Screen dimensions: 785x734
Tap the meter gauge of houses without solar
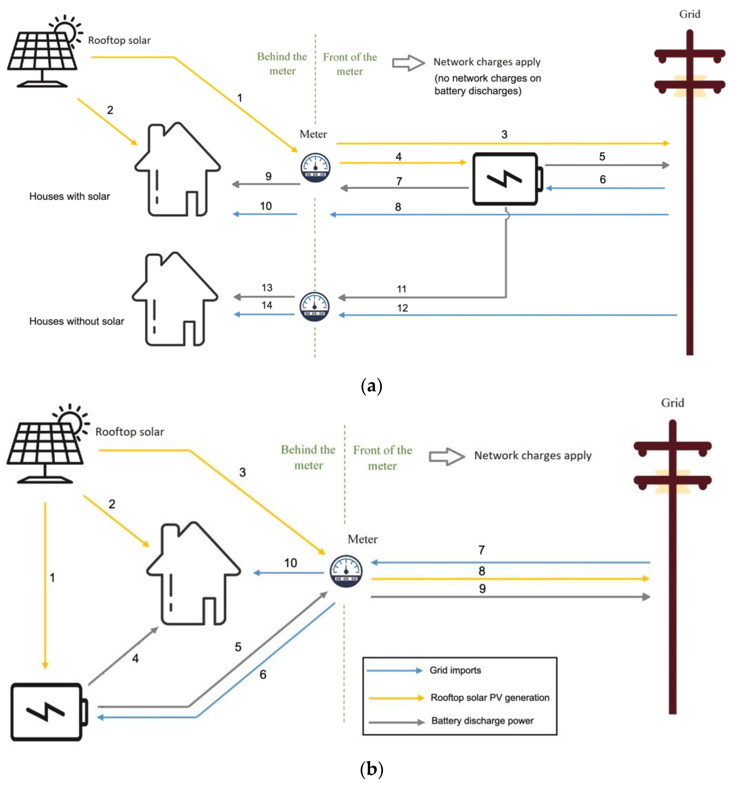click(314, 306)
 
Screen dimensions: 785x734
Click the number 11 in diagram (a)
click(401, 289)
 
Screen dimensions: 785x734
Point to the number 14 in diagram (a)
click(267, 305)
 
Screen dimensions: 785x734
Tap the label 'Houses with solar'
click(70, 196)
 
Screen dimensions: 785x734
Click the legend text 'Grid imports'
click(455, 670)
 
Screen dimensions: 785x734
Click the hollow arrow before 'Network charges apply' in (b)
click(446, 456)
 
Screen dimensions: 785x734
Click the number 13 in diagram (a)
click(267, 287)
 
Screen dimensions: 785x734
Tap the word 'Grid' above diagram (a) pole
click(689, 14)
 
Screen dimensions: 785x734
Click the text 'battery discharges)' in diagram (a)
click(478, 91)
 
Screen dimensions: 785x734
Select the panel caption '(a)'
click(371, 386)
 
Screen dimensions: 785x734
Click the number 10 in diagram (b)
click(290, 563)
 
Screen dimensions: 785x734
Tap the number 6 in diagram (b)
click(263, 674)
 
